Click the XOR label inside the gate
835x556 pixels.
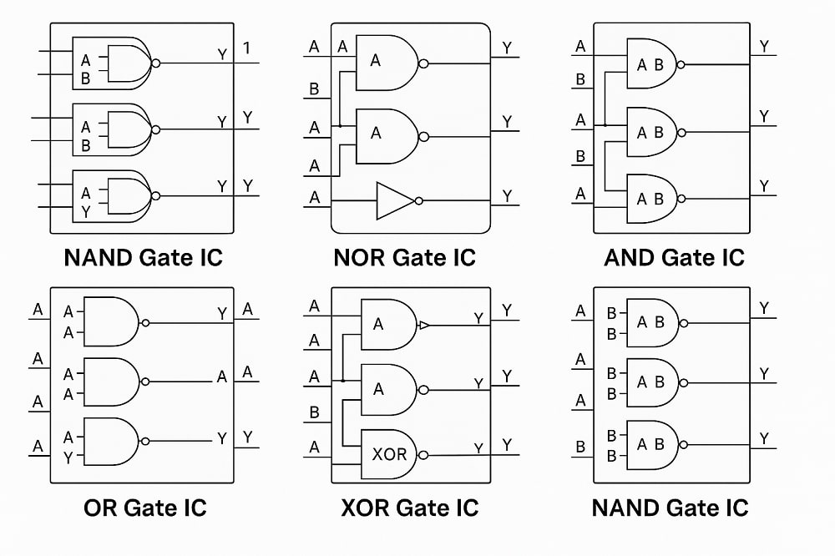pyautogui.click(x=389, y=454)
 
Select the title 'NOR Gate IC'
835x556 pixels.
pyautogui.click(x=404, y=257)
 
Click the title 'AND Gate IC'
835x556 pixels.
pyautogui.click(x=674, y=257)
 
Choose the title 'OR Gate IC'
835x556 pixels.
pyautogui.click(x=144, y=507)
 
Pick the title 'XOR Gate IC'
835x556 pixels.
pyautogui.click(x=410, y=507)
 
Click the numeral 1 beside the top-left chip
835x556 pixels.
pyautogui.click(x=246, y=48)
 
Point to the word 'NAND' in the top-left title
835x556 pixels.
pyautogui.click(x=99, y=257)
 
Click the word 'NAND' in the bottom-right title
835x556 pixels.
pyautogui.click(x=627, y=507)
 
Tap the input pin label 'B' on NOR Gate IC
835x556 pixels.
pyautogui.click(x=314, y=88)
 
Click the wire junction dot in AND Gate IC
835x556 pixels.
pyautogui.click(x=605, y=125)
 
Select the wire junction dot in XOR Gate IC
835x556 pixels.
pyautogui.click(x=344, y=381)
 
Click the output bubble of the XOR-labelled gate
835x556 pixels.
pyautogui.click(x=423, y=456)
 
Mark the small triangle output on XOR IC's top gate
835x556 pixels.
pyautogui.click(x=423, y=325)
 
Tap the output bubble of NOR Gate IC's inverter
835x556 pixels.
pyautogui.click(x=419, y=200)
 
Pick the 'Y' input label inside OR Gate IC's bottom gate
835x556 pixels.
pyautogui.click(x=67, y=457)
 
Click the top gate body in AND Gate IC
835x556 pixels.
pyautogui.click(x=653, y=63)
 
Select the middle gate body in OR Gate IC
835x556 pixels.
pyautogui.click(x=113, y=381)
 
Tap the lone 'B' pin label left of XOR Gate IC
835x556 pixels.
pyautogui.click(x=314, y=412)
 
